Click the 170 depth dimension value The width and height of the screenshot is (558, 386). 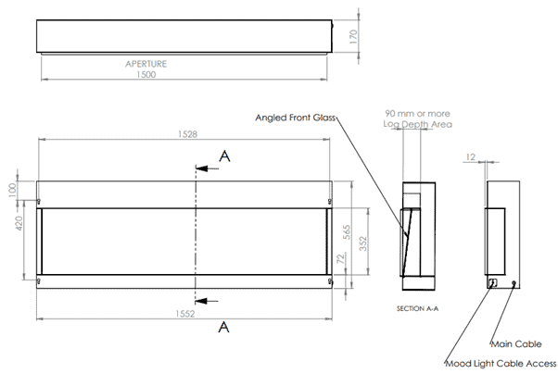(x=353, y=37)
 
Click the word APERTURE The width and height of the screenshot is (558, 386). (x=146, y=64)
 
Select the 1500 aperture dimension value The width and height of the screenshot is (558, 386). (x=146, y=74)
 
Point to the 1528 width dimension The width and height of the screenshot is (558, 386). (x=187, y=134)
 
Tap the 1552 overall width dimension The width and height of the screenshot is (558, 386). (x=185, y=314)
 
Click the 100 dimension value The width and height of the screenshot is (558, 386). (x=12, y=190)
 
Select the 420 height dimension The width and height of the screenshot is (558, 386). (x=19, y=223)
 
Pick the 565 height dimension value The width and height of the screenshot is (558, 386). (x=347, y=231)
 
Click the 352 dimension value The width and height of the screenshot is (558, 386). (x=362, y=243)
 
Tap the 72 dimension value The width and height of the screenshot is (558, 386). (x=340, y=258)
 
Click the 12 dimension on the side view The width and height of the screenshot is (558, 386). (x=471, y=156)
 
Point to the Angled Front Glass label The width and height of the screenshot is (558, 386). (x=296, y=118)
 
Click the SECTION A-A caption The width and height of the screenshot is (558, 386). (x=417, y=308)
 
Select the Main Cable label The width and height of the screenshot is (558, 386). (x=516, y=344)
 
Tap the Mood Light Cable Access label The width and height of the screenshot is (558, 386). (x=501, y=363)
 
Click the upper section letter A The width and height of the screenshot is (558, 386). (x=224, y=156)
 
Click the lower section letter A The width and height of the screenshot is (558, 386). (x=223, y=327)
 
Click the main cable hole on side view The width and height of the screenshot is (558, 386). (x=514, y=283)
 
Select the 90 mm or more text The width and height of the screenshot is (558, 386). (x=417, y=113)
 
